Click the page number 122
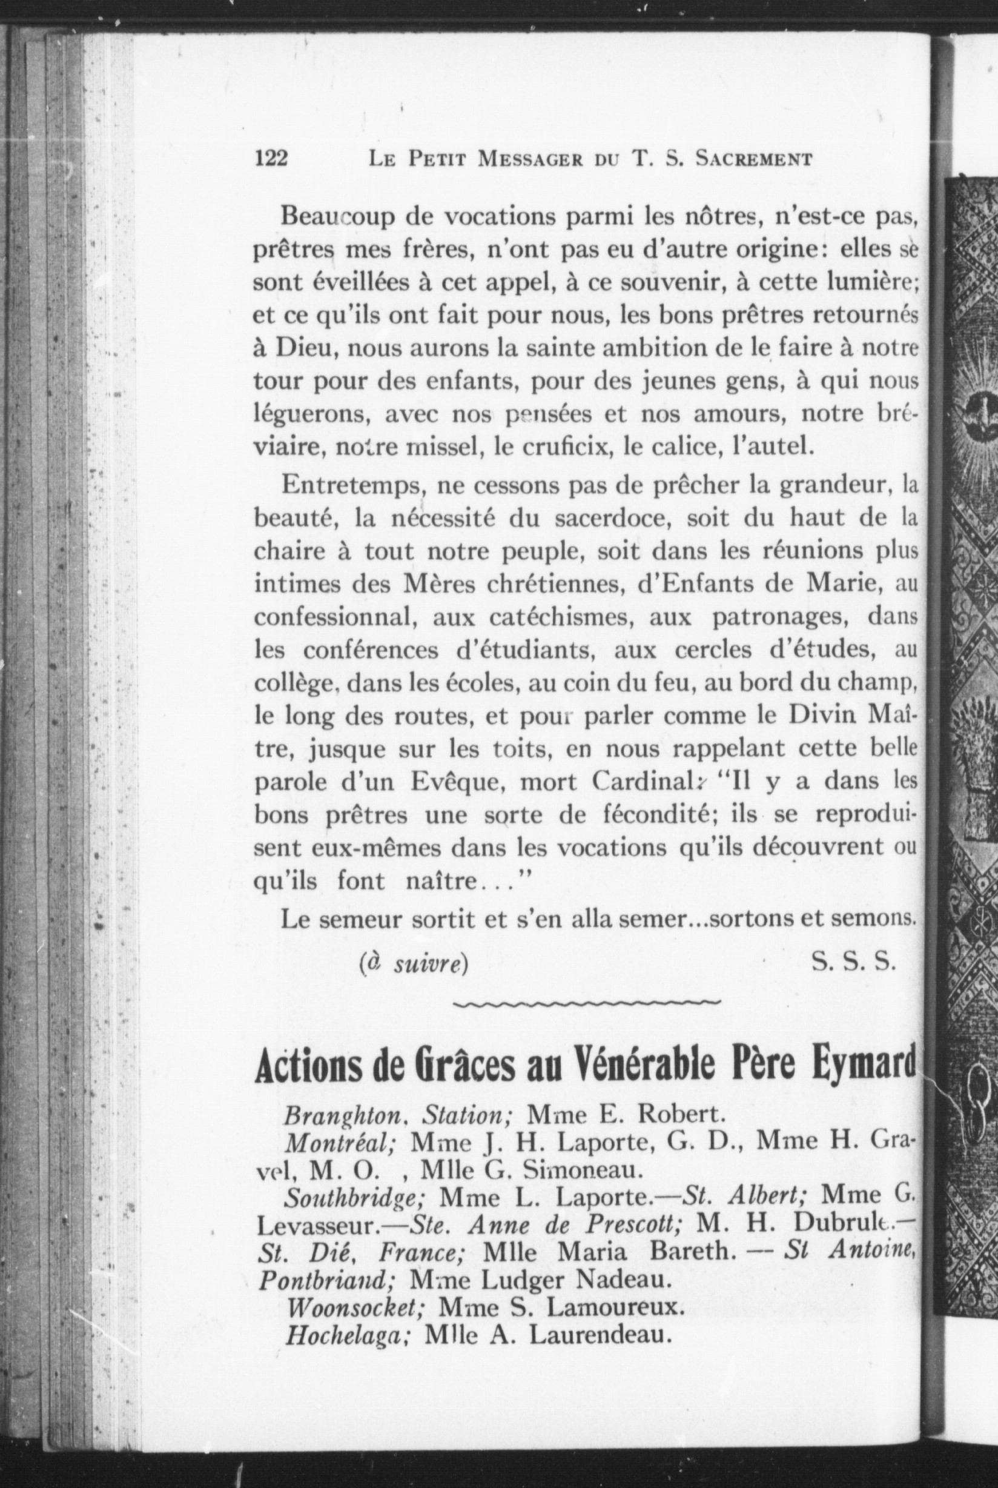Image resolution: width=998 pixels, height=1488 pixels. pyautogui.click(x=271, y=158)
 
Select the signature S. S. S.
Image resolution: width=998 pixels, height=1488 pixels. pyautogui.click(x=854, y=965)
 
